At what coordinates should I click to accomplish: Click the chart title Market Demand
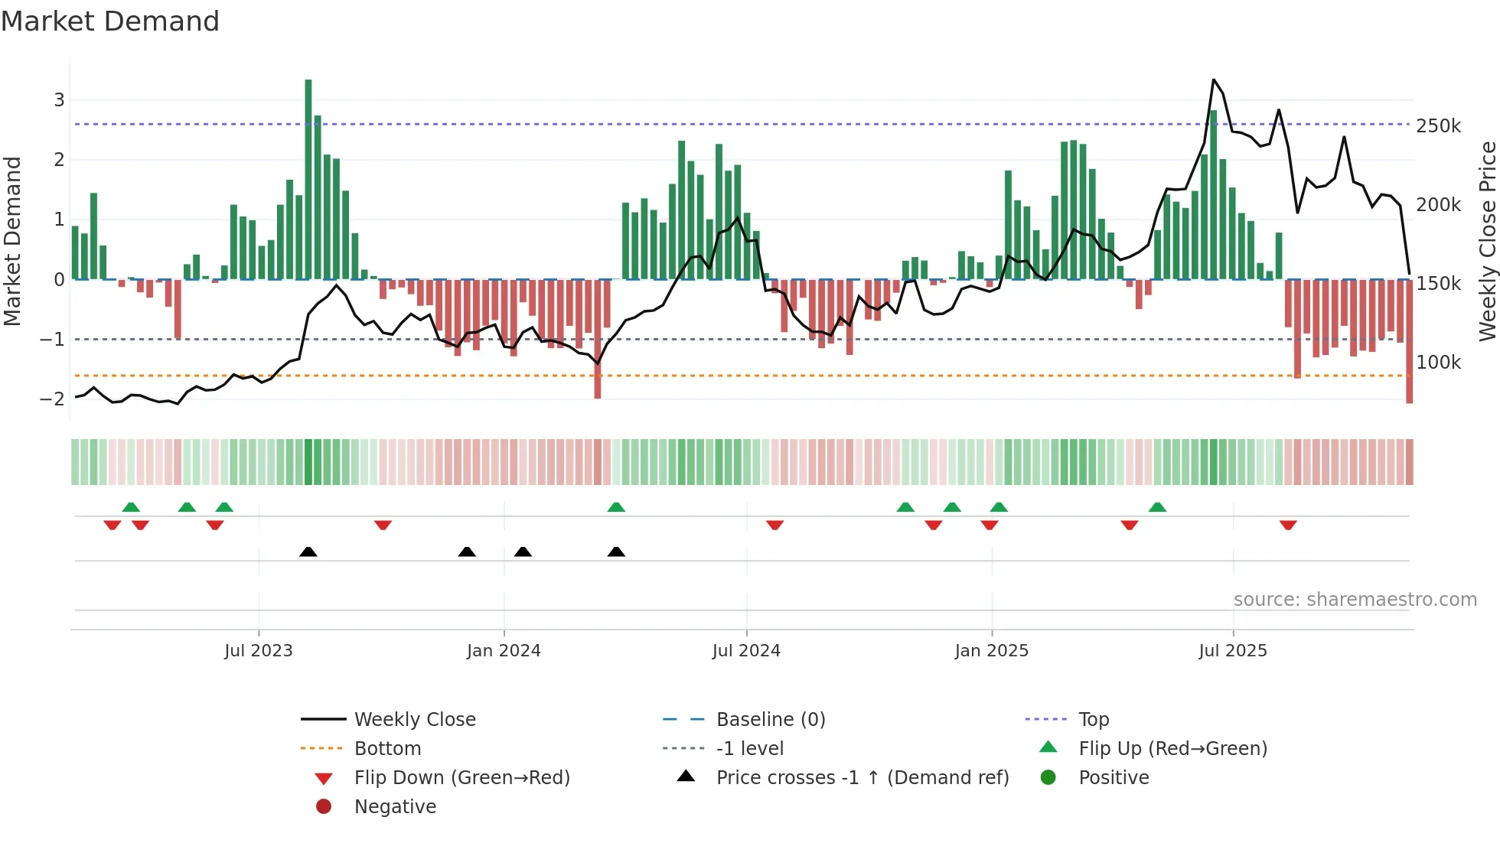pos(110,21)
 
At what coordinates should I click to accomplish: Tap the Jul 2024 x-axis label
pos(746,651)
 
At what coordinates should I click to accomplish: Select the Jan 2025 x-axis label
pos(992,651)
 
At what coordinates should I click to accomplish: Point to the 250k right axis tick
pos(1438,126)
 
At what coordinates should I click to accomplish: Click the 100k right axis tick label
pos(1438,363)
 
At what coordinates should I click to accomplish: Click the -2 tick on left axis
pos(52,399)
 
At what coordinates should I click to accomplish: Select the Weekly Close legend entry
pos(414,720)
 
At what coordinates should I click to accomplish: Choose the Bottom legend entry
pos(387,749)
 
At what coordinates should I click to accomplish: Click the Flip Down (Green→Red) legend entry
pos(461,778)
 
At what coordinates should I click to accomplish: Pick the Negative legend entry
pos(395,807)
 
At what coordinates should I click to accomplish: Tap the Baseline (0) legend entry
pos(770,720)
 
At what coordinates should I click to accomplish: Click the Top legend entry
pos(1094,720)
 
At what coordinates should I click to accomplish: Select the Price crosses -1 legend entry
pos(862,778)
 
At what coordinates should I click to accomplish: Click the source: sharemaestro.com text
pos(1355,600)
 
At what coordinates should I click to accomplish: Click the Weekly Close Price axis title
pos(1487,241)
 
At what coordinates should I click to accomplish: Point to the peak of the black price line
pos(1214,80)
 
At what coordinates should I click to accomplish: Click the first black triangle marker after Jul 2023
pos(308,552)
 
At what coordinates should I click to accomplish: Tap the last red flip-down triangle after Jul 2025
pos(1288,525)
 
